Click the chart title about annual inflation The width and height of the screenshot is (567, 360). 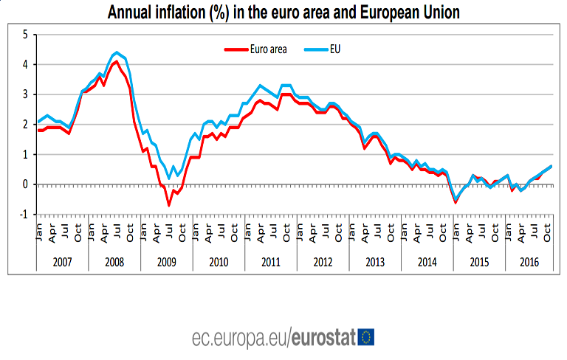click(x=283, y=13)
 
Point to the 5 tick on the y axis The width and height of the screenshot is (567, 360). click(x=25, y=35)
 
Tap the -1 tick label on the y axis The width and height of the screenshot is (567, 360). click(x=24, y=215)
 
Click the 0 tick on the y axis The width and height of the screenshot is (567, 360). click(x=25, y=184)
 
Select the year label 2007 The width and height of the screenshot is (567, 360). click(x=62, y=262)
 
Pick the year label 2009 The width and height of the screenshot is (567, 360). click(x=166, y=262)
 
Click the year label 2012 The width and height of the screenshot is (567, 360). click(x=323, y=262)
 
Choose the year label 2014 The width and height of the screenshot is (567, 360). click(x=427, y=262)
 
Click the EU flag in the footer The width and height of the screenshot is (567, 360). click(x=365, y=338)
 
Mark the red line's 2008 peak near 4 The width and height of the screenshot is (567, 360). click(x=116, y=61)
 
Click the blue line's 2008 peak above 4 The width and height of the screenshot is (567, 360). click(x=117, y=52)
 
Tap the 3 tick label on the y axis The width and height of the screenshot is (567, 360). click(x=25, y=94)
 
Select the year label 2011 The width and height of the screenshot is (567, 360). click(x=270, y=262)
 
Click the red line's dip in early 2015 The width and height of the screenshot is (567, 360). click(x=456, y=202)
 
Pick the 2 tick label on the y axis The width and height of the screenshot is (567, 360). click(x=25, y=125)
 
